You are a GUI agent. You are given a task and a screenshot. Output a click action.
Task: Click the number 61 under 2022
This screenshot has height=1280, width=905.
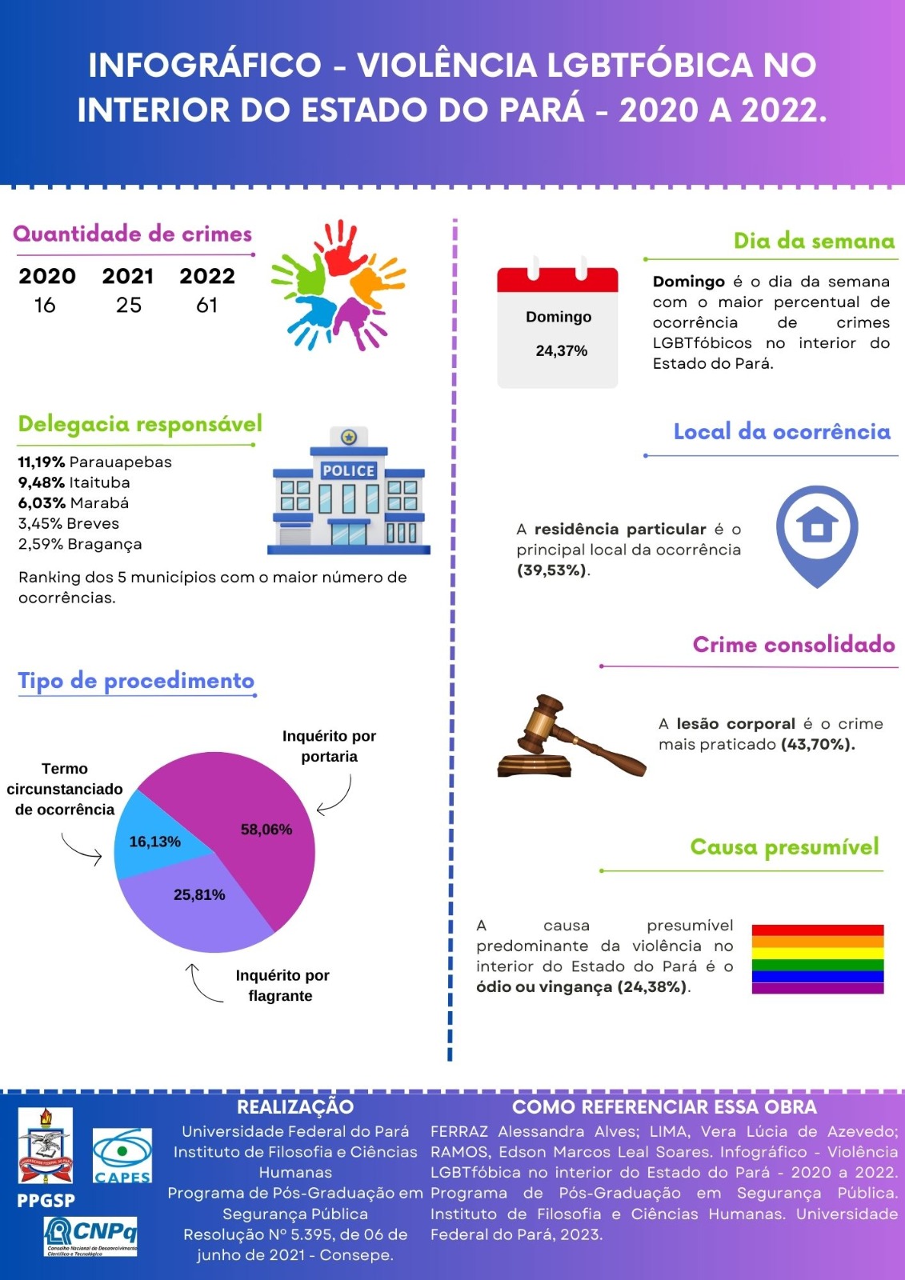[206, 305]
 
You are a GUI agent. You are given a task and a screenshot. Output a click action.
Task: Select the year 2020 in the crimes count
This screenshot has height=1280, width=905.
[47, 276]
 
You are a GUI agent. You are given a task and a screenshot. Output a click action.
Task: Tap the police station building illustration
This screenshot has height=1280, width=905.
[349, 492]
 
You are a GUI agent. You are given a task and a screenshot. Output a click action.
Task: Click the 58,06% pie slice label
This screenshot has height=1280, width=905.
[266, 830]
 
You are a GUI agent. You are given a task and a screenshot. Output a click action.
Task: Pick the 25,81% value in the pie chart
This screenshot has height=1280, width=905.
[199, 894]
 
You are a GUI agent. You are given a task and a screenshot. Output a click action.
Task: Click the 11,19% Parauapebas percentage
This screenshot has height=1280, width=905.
[41, 462]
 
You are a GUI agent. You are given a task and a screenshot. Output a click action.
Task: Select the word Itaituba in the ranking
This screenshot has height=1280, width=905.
[99, 483]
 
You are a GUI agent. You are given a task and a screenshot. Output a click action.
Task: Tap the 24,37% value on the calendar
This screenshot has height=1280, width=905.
[561, 351]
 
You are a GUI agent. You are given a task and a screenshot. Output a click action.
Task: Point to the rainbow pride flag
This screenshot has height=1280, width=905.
[817, 959]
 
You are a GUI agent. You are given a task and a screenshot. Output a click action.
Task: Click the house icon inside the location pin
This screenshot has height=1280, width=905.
[817, 526]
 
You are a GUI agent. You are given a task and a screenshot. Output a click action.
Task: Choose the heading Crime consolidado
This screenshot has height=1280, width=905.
[793, 645]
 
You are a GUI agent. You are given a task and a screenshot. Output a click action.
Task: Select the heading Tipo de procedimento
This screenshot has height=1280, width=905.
[136, 681]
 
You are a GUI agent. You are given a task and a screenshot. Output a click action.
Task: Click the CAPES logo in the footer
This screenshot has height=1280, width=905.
[122, 1156]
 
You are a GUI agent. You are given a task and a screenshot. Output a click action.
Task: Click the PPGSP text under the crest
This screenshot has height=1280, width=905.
[46, 1201]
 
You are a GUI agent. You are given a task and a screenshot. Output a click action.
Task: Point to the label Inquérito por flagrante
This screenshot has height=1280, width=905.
[282, 986]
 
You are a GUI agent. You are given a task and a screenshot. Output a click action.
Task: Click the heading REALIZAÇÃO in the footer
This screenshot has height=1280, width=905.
[295, 1107]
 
